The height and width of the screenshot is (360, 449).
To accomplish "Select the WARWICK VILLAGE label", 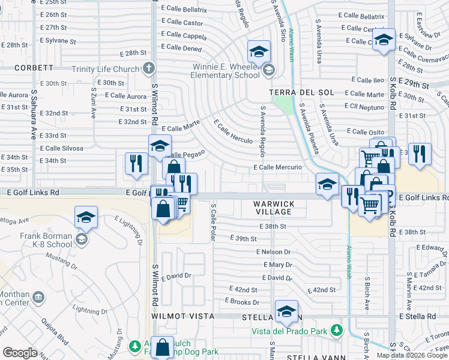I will point(274,208).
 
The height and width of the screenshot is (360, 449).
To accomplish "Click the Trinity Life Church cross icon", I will point(149,68).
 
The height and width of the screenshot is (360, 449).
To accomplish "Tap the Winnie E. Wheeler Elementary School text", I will point(226,71).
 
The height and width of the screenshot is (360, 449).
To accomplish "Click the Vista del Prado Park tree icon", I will point(337,329).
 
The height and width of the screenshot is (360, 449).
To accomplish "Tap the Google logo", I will point(20,352).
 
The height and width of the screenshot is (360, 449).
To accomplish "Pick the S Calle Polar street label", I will point(213,222).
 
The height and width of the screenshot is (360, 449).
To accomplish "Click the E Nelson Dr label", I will point(273,252).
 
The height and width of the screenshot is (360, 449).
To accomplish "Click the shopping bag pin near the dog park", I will point(163,347).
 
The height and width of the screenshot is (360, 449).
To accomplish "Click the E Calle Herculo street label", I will point(234,131).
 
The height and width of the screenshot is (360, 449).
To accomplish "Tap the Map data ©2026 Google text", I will point(411,355).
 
